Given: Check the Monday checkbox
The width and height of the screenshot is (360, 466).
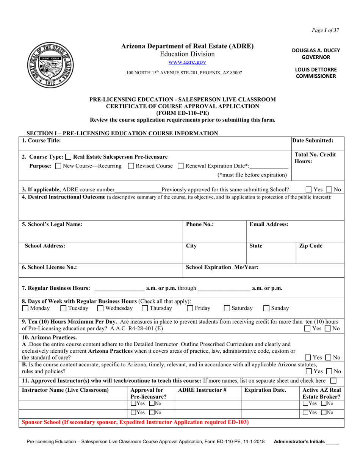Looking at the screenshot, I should tap(25, 308).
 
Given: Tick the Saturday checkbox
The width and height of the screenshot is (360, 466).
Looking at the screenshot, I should tap(227, 308).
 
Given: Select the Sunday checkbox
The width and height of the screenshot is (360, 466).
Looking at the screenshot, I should tap(266, 308).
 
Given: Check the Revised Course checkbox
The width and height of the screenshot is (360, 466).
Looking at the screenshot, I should tap(131, 166).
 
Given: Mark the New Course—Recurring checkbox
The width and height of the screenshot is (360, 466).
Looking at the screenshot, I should tap(58, 166).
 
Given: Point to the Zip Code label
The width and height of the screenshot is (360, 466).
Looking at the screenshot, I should tap(311, 246).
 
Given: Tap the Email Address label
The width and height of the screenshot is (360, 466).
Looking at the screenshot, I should tap(269, 224).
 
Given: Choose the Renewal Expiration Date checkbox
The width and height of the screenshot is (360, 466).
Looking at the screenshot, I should tap(181, 166).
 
